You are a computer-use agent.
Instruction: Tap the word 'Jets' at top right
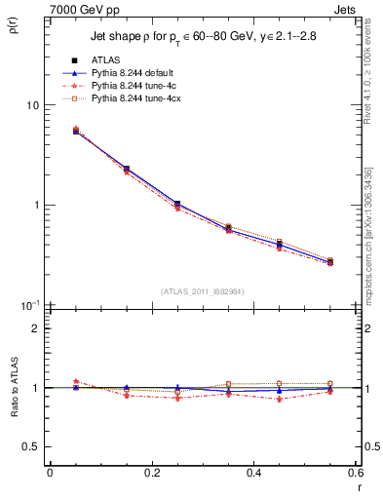coord(344,8)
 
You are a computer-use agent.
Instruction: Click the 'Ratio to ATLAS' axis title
coord(14,388)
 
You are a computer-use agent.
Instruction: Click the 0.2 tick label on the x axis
coord(151,473)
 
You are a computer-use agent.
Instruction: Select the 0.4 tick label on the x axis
coord(253,473)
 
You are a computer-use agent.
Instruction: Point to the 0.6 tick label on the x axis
coord(354,473)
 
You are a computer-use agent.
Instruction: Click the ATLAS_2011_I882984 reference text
coord(202,290)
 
